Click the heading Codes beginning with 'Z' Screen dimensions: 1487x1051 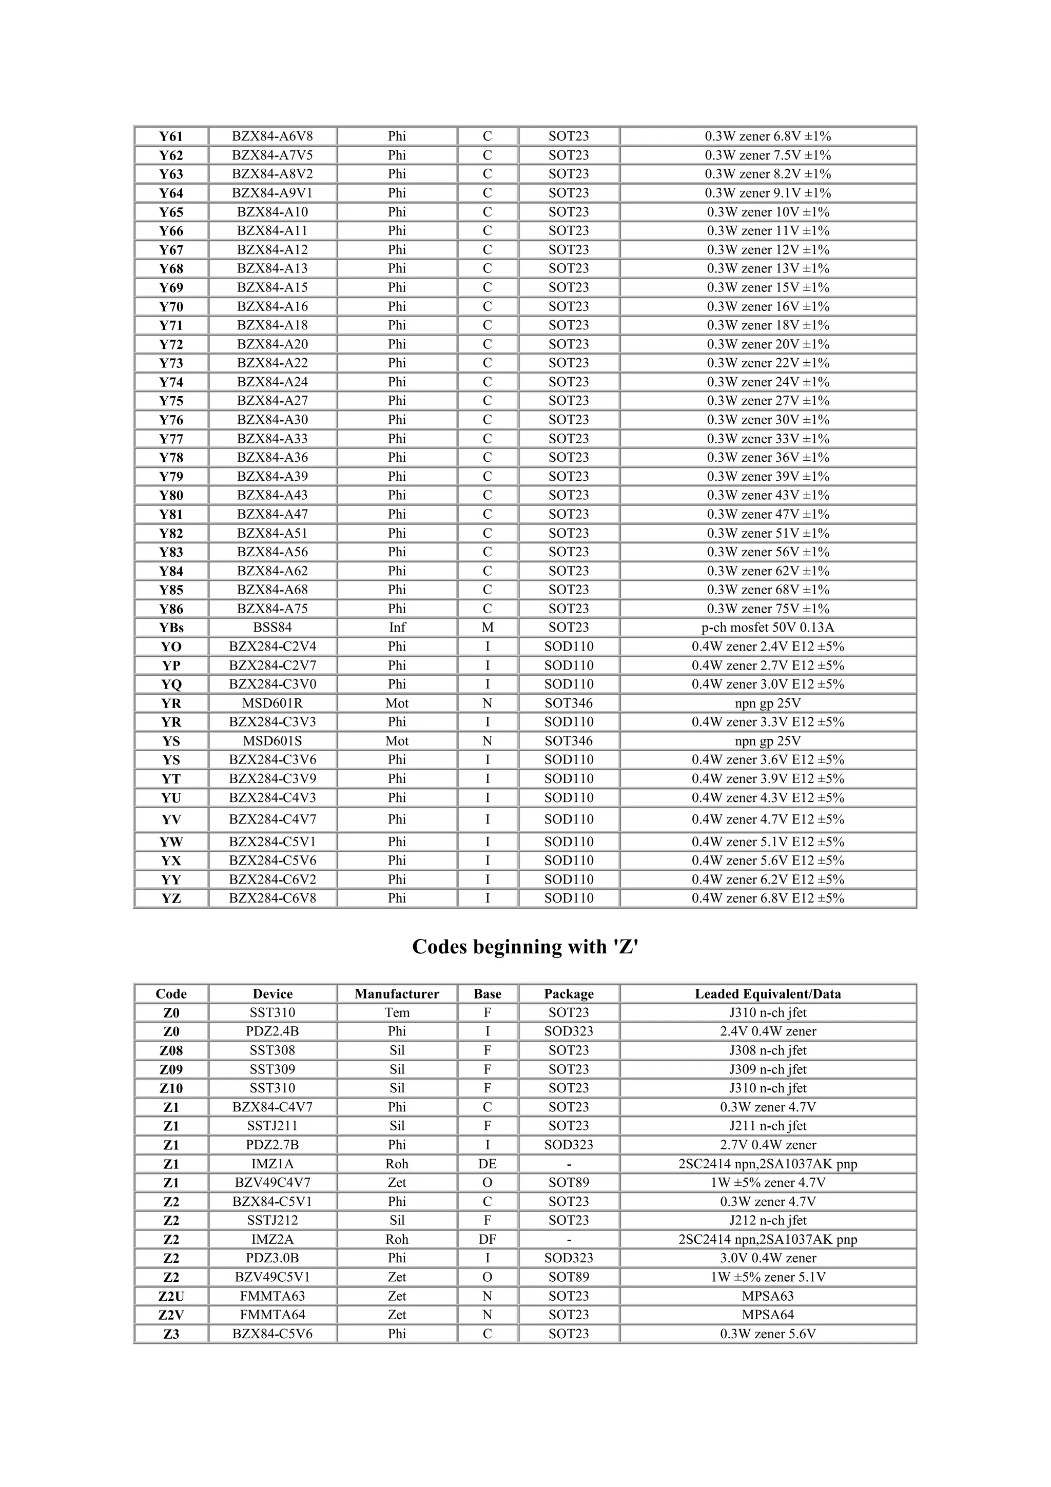[525, 947]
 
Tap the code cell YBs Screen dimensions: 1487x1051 [171, 628]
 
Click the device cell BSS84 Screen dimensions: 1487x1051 [272, 628]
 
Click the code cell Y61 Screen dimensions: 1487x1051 [171, 136]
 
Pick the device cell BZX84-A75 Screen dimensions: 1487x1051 [272, 609]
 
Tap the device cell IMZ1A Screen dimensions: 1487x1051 [272, 1164]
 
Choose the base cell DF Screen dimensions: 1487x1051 [487, 1240]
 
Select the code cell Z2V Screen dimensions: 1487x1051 [171, 1315]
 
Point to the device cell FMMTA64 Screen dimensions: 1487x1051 [272, 1315]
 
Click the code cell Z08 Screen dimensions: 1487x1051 [171, 1050]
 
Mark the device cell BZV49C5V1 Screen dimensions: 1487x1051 [272, 1277]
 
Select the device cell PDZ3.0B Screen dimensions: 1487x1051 [272, 1258]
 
